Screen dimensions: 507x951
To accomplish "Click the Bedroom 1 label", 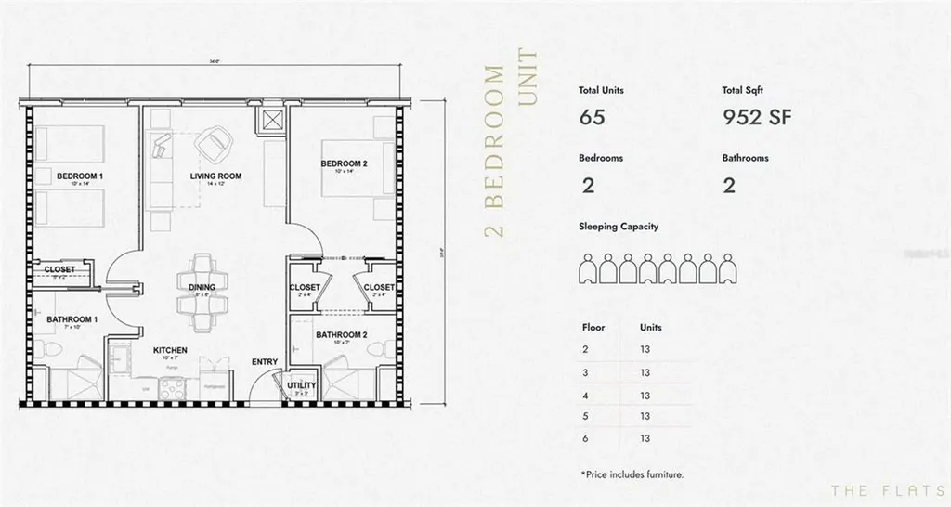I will click(79, 175).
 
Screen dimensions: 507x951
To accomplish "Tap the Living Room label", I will click(215, 175).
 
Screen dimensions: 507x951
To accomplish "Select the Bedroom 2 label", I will click(344, 164).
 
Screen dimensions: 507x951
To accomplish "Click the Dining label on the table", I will click(202, 288).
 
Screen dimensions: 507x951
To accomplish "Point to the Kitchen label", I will click(170, 350).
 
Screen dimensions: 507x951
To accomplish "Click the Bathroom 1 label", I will click(72, 319).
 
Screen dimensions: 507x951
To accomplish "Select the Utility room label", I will click(302, 385).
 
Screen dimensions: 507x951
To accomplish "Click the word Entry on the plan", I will click(264, 362).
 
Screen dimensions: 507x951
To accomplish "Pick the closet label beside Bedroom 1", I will click(59, 270).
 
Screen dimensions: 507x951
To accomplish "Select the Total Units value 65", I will click(592, 117).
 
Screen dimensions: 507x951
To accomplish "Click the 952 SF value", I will click(756, 117).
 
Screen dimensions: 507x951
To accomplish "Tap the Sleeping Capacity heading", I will click(619, 227).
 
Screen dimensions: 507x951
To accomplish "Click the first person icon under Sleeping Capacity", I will click(587, 268).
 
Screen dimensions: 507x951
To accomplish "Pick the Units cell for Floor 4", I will click(644, 395).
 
